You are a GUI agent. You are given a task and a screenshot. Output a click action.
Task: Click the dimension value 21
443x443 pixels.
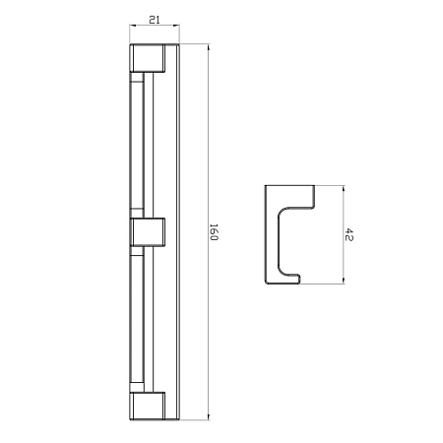[155, 20]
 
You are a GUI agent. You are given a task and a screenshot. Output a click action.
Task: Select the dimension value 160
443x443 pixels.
[214, 232]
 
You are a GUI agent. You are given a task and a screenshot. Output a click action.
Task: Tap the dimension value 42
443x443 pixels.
[348, 234]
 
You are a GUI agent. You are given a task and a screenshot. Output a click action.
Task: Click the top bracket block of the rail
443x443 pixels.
[148, 58]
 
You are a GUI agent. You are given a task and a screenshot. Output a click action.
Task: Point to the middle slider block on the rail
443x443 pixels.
[148, 232]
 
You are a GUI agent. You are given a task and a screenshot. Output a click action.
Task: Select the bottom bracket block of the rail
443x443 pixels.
[148, 406]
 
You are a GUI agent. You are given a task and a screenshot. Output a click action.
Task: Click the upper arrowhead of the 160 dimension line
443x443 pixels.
[209, 47]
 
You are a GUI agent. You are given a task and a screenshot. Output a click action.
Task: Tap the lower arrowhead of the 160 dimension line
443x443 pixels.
[209, 416]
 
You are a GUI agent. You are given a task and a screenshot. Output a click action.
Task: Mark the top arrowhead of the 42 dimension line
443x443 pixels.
[344, 189]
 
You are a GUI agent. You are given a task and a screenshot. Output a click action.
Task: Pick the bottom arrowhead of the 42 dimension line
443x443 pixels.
[344, 280]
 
